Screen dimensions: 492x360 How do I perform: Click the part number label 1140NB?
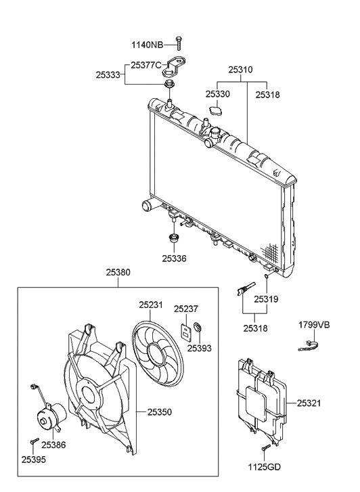pos(147,45)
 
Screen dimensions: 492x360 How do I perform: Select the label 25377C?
pos(146,65)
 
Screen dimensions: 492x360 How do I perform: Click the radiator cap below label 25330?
pos(217,110)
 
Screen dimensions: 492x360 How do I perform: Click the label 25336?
pos(175,258)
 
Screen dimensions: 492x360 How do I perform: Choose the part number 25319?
pos(267,298)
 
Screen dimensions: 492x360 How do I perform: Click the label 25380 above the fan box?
pos(118,273)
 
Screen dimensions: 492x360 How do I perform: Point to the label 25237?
pos(186,309)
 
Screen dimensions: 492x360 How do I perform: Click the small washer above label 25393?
pos(198,330)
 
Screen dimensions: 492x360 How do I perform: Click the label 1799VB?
pos(314,326)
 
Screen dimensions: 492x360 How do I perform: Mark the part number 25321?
pos(310,403)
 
